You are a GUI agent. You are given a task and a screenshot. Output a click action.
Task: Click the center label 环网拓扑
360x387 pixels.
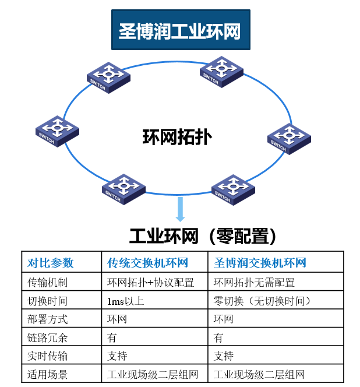(177, 137)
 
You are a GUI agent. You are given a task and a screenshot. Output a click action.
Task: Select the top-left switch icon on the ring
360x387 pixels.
(108, 76)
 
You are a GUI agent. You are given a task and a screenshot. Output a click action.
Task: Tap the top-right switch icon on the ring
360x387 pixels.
(221, 72)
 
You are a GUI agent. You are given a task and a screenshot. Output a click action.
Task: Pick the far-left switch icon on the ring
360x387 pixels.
(57, 130)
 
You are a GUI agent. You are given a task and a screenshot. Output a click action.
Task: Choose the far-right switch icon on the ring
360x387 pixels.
(289, 139)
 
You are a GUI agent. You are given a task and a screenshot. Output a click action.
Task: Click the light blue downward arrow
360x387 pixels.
(181, 209)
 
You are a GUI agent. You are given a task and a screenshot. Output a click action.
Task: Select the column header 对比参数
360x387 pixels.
(51, 263)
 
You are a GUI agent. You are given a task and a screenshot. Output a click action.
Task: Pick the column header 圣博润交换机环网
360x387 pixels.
(260, 263)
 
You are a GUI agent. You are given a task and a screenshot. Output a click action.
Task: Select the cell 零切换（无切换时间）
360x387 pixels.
(262, 301)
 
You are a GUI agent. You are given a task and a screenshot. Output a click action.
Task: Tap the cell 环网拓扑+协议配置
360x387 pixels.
(150, 283)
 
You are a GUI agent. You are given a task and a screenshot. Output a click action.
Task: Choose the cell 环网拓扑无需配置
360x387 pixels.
(254, 283)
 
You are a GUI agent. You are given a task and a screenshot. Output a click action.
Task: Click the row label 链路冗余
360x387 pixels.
(47, 337)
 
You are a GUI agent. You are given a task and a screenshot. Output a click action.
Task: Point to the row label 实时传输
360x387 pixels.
(47, 356)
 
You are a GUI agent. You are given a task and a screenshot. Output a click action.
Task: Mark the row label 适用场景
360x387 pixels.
(47, 374)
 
